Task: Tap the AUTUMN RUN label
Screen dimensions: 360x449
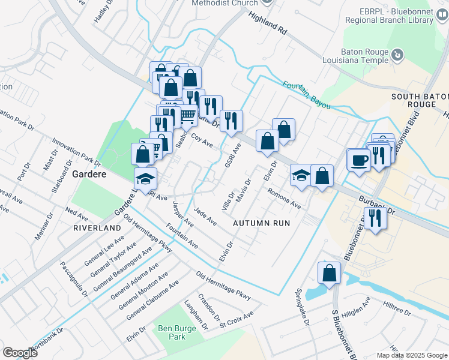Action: (x=261, y=223)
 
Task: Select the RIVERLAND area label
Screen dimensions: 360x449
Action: (x=97, y=229)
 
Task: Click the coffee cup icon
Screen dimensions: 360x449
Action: (x=360, y=160)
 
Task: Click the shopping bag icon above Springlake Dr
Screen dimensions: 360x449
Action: (x=329, y=274)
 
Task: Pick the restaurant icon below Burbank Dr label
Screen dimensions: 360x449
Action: (x=375, y=218)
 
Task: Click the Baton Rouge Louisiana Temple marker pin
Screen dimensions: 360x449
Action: (x=397, y=56)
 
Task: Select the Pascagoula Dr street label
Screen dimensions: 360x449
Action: (x=74, y=277)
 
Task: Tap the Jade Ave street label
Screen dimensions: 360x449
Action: (x=205, y=217)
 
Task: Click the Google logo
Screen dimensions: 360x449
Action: (x=20, y=353)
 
